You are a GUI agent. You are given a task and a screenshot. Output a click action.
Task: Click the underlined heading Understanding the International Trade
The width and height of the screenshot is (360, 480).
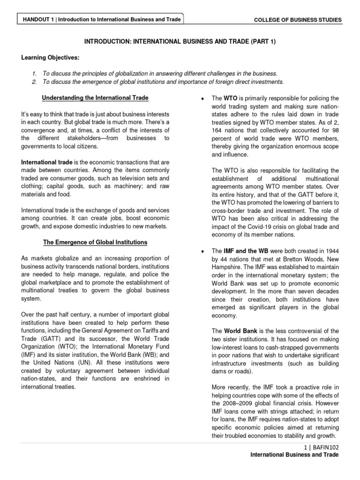(95, 98)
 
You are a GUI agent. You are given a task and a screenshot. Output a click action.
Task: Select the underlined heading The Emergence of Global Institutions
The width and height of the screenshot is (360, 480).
(95, 242)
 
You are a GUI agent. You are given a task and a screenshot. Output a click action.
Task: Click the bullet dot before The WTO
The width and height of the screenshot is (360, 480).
(201, 99)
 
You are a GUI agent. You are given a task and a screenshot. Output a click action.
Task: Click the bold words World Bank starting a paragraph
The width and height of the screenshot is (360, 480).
(240, 330)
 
